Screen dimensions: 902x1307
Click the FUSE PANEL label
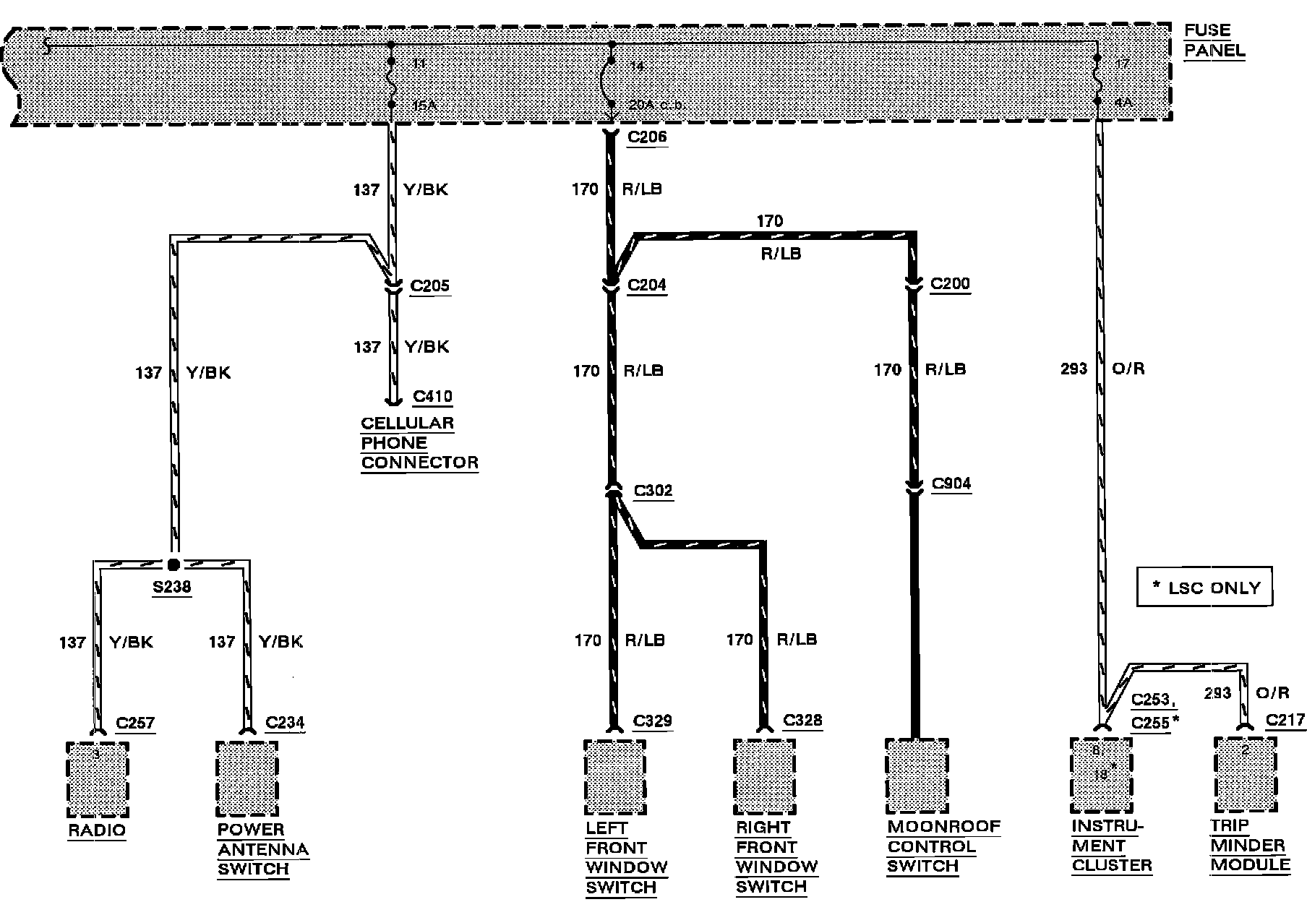1214,40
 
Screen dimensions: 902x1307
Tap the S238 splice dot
173,564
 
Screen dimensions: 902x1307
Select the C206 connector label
647,137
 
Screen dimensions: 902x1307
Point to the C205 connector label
429,285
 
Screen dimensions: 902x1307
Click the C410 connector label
432,396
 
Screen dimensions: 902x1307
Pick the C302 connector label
653,491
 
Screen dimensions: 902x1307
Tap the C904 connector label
951,484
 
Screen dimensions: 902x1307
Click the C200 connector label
950,283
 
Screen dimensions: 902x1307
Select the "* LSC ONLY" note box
1204,588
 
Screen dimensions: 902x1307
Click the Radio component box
97,778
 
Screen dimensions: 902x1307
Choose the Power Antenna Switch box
247,778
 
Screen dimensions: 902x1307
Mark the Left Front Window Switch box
614,776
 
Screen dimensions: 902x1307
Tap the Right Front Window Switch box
764,776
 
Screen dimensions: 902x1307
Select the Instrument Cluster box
1100,775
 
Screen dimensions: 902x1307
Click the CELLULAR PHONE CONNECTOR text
419,443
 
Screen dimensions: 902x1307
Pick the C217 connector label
1285,720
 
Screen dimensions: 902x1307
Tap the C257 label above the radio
135,723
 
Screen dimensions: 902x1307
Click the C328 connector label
802,721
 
